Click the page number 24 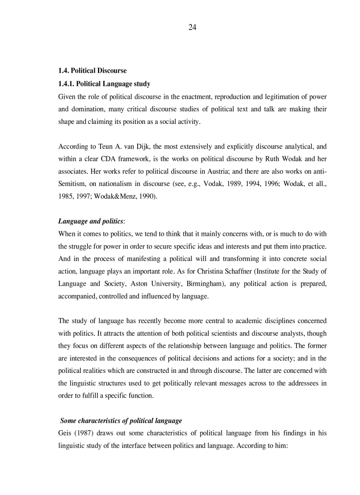coord(192,27)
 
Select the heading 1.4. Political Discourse coord(92,71)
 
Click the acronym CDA coord(104,159)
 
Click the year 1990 coord(147,197)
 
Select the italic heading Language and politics coord(90,221)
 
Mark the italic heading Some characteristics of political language coord(121,421)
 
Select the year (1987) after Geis coord(84,433)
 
